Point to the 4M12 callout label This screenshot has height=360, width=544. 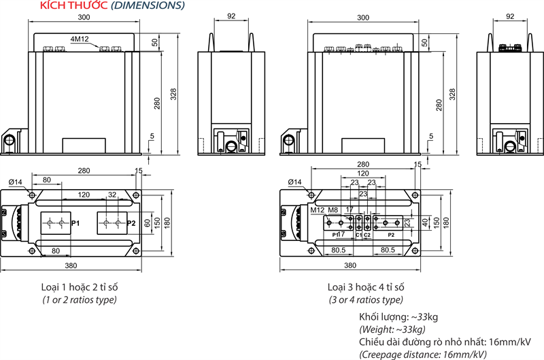[x=80, y=39]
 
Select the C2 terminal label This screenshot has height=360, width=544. [x=368, y=235]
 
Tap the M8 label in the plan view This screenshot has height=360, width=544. [x=333, y=210]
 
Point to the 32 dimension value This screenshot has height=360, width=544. [x=113, y=195]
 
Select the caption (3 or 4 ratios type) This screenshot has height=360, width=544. [x=366, y=300]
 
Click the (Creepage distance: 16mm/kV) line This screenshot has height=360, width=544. [x=423, y=354]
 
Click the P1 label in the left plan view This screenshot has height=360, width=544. [x=75, y=223]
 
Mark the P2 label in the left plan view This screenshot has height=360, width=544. [x=131, y=223]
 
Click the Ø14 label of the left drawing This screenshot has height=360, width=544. [x=16, y=182]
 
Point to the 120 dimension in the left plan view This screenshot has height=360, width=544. [x=84, y=195]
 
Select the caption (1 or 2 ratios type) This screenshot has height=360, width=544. [x=80, y=300]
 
